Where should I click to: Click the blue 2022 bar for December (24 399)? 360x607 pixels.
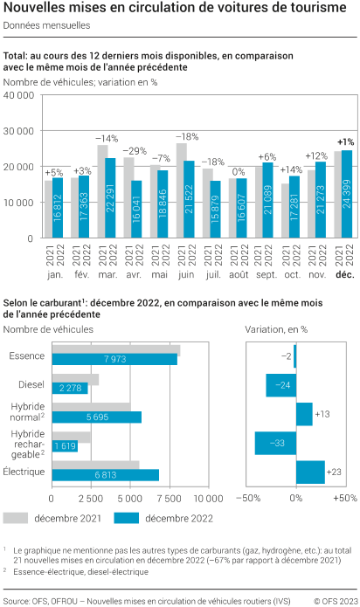pos(347,194)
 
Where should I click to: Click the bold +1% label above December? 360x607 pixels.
pos(345,141)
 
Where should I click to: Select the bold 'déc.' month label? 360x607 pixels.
pos(342,273)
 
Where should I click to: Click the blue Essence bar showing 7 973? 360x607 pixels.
pos(114,359)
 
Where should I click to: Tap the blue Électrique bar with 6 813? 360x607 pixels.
pos(106,474)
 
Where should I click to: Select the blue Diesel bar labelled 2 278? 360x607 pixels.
pos(70,388)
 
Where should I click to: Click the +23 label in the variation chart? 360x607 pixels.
pos(334,472)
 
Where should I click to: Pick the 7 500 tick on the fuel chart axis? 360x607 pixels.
pos(170,498)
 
